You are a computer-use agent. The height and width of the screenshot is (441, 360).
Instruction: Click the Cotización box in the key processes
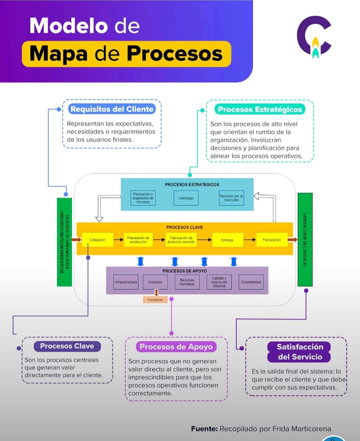click(97, 240)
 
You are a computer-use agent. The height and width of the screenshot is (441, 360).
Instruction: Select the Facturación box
click(272, 240)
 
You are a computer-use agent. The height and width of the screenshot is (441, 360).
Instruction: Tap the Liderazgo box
click(186, 198)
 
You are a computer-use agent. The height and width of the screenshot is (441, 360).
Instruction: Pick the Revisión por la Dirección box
click(231, 198)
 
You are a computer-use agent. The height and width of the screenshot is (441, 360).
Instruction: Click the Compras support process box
click(155, 282)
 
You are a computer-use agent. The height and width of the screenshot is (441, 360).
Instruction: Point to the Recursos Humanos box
click(187, 282)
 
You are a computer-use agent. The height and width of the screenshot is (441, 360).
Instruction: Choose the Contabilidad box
click(251, 282)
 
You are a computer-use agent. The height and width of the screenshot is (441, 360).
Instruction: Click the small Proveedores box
click(155, 300)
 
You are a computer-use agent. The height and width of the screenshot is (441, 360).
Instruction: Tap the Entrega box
click(227, 240)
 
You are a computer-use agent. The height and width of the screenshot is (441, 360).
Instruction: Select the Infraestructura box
click(126, 282)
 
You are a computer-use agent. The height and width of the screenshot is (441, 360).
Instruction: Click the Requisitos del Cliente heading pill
click(112, 109)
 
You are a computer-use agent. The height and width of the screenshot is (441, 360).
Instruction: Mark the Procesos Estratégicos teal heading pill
click(260, 109)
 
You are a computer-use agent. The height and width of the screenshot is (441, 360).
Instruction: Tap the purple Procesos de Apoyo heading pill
click(176, 347)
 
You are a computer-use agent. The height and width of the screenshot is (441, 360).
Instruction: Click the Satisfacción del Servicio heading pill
click(300, 352)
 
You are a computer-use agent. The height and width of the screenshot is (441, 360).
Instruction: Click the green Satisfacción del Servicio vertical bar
click(305, 239)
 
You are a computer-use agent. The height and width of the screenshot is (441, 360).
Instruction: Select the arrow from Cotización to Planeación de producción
click(118, 240)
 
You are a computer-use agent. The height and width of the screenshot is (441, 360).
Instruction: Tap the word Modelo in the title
click(69, 26)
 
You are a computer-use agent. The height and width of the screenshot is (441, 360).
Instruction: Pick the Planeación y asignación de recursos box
click(143, 198)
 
